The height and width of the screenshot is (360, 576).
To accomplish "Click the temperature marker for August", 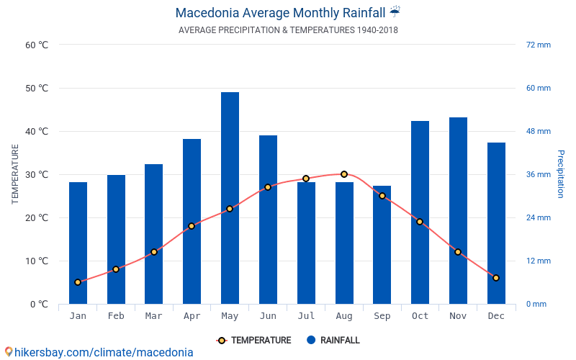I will [344, 174].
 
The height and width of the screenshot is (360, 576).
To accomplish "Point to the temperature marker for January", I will [78, 282].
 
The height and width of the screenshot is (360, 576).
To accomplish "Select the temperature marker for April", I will [192, 226].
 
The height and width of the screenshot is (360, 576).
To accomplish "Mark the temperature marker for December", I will [496, 278].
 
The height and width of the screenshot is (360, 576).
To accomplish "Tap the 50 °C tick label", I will [37, 89].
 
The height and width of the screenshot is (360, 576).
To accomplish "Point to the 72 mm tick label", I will [539, 45].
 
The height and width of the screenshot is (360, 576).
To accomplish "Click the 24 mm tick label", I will [539, 217].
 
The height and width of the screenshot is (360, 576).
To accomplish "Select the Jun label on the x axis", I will [268, 316].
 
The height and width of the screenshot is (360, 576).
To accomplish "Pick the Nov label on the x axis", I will [458, 316].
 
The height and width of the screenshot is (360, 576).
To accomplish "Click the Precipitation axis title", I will [561, 174].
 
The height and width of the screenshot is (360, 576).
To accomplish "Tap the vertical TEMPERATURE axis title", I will [15, 174].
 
